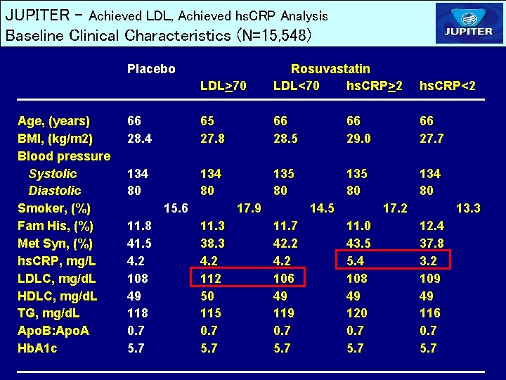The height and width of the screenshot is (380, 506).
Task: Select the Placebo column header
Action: click(151, 69)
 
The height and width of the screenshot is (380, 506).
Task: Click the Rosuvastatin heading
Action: click(330, 69)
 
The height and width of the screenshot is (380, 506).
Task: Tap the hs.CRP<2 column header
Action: click(447, 86)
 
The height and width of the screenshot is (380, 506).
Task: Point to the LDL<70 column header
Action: click(296, 86)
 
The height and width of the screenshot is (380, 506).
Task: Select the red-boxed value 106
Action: click(284, 278)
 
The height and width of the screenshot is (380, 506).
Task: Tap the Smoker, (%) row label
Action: click(54, 208)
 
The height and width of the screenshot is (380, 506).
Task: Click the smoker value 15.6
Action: click(175, 208)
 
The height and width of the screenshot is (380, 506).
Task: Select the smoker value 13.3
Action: click(468, 208)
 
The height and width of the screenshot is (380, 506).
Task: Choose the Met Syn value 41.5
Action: click(138, 243)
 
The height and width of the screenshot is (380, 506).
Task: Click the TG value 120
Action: click(357, 313)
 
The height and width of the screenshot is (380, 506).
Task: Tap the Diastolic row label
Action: click(54, 191)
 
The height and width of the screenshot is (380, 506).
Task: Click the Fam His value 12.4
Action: click(432, 226)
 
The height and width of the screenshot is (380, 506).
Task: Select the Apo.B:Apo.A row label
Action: click(53, 331)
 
